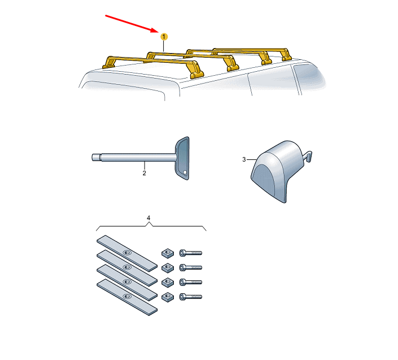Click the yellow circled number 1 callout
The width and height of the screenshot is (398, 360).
(164, 37)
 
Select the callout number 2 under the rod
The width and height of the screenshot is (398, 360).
(144, 174)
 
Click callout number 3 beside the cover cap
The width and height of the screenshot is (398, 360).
(244, 159)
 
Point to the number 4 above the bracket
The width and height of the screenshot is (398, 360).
(148, 218)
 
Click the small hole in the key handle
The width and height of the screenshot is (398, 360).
(185, 172)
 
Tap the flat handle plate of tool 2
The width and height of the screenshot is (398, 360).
(182, 158)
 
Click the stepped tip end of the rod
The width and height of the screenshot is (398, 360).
(96, 157)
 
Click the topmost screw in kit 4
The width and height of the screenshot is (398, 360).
(191, 253)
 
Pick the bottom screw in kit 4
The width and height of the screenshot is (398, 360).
(191, 297)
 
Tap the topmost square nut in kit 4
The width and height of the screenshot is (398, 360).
(168, 253)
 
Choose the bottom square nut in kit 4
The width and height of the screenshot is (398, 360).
(168, 297)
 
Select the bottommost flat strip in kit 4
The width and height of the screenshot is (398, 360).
(127, 297)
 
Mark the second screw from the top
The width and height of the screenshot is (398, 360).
(191, 267)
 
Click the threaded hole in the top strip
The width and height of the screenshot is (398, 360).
(126, 253)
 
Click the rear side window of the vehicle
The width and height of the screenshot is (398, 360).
(308, 76)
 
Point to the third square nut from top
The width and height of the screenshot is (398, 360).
(168, 282)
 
